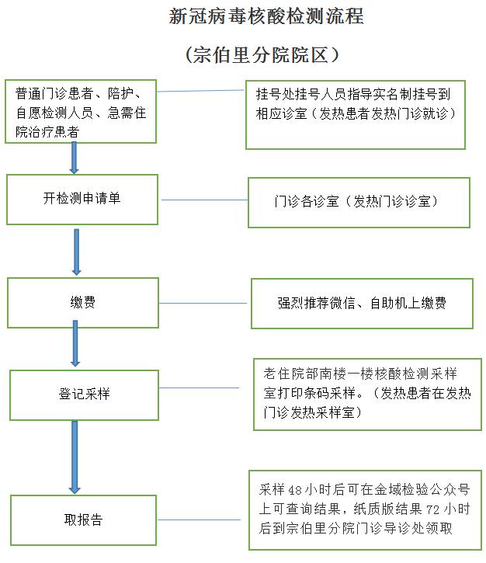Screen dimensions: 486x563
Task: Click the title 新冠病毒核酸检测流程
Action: pos(266,16)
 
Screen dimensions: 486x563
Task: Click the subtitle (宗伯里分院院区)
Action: pos(262,55)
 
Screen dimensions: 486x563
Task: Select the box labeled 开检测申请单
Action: pos(82,200)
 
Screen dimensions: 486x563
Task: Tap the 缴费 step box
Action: pos(83,303)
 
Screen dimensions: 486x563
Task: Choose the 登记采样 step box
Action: pos(84,395)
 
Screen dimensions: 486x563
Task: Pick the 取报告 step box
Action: pos(83,520)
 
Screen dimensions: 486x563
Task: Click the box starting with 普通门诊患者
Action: pos(81,111)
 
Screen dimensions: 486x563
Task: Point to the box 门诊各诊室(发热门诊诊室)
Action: pos(359,203)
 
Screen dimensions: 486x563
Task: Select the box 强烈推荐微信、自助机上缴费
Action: pos(362,304)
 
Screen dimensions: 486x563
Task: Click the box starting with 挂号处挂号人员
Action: pos(356,115)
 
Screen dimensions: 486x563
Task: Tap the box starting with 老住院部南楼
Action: pos(367,394)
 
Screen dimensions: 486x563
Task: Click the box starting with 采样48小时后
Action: pos(366,510)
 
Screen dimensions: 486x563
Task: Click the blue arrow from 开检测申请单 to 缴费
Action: pos(76,252)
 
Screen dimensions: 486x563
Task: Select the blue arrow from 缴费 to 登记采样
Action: pos(75,343)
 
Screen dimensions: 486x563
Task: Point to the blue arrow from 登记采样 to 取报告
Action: pos(75,457)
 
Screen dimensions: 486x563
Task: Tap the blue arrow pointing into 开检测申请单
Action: pos(74,158)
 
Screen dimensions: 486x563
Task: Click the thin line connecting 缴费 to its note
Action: pos(203,304)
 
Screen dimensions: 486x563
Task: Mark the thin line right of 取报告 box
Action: pos(199,520)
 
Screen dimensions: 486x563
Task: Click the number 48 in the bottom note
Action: pos(295,490)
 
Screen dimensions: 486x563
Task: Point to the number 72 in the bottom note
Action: pos(433,509)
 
